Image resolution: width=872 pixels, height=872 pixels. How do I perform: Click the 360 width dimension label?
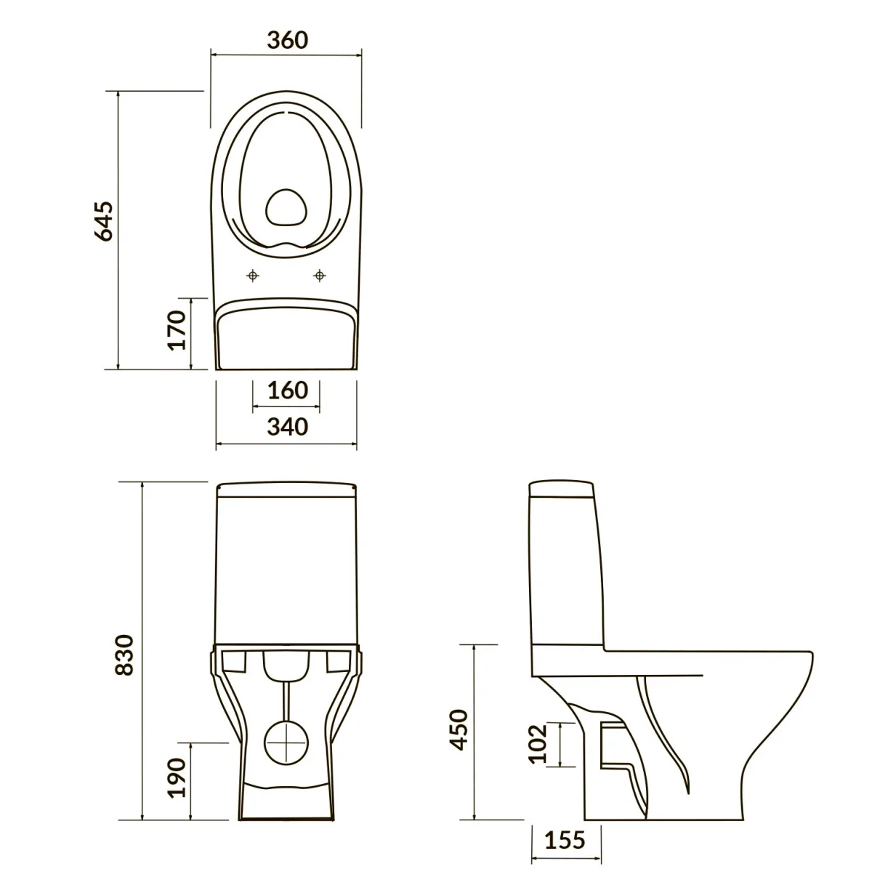click(x=287, y=40)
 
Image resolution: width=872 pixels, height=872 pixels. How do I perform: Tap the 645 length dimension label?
click(x=104, y=220)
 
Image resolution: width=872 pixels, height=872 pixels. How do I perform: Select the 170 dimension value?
click(x=177, y=329)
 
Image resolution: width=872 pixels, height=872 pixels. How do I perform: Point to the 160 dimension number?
click(x=287, y=390)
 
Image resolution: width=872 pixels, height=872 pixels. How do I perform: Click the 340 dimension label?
click(x=287, y=427)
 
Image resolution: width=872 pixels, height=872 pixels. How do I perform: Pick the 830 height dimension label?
click(x=125, y=655)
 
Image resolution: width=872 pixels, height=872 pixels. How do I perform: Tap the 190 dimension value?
click(x=177, y=777)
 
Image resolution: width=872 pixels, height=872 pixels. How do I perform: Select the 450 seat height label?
click(x=459, y=729)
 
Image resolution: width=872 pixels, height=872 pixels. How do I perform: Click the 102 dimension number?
click(x=538, y=744)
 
